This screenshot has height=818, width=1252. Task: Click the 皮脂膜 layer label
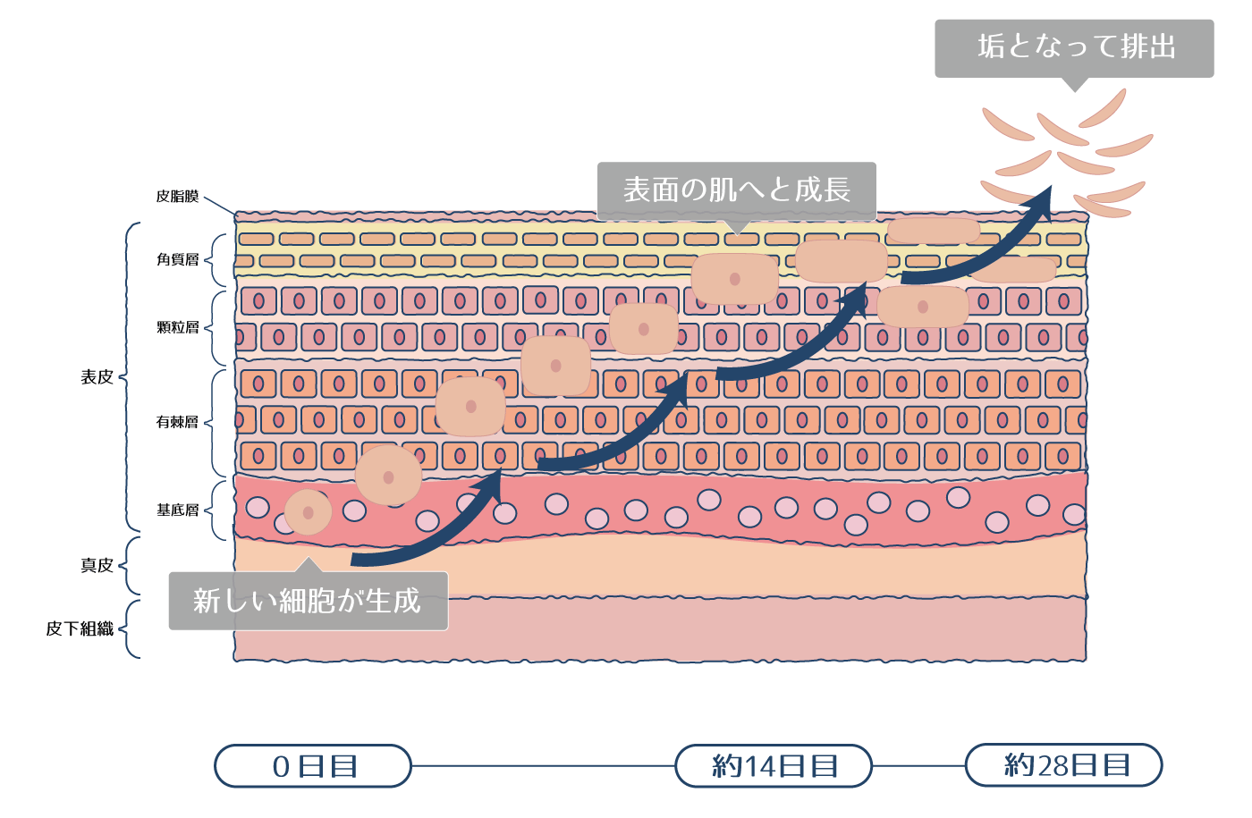(177, 196)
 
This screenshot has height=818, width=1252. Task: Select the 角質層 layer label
(177, 259)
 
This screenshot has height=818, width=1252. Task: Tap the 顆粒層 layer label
(177, 327)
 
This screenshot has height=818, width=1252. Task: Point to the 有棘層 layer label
(177, 422)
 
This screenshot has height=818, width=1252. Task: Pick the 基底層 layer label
(177, 510)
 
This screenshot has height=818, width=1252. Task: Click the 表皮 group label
(97, 377)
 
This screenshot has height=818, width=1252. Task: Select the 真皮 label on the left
(97, 565)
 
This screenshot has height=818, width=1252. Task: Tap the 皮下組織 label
(80, 628)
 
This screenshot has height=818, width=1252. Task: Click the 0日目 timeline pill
(313, 766)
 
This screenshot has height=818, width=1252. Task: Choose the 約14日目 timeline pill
(774, 766)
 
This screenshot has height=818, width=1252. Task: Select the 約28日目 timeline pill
(1064, 765)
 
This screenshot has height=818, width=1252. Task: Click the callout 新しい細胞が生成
(308, 601)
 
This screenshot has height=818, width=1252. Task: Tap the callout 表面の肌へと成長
(736, 190)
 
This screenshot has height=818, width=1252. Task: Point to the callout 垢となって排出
(1074, 47)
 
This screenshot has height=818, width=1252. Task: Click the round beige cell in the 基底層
(308, 512)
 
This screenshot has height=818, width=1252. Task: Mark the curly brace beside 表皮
(130, 377)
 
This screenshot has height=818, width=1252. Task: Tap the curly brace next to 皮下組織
(130, 629)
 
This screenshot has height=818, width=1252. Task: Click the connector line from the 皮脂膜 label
(219, 206)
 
